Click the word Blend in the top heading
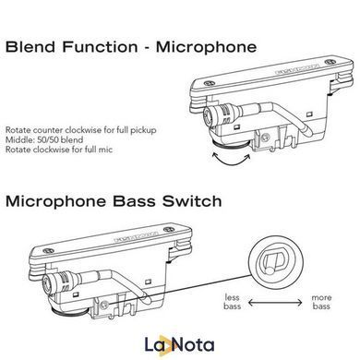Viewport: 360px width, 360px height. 30,47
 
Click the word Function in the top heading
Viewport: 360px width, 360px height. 101,47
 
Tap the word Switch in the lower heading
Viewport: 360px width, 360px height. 192,201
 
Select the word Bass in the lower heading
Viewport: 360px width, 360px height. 134,201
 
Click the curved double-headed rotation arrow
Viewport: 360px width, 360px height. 231,158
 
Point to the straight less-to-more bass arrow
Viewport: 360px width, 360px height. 275,303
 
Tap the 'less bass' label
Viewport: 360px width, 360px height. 233,302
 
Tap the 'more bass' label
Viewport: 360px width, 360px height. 321,302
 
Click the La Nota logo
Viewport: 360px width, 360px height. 179,345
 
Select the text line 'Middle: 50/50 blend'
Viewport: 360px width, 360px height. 44,139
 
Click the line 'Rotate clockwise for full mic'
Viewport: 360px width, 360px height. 59,150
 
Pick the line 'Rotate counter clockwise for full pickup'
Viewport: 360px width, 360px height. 81,130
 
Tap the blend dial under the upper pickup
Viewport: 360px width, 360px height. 229,142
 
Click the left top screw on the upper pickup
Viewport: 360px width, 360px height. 209,83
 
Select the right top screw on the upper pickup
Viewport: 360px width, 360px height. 330,61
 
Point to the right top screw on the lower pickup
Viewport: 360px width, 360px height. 168,230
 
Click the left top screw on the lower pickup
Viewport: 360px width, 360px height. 48,251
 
